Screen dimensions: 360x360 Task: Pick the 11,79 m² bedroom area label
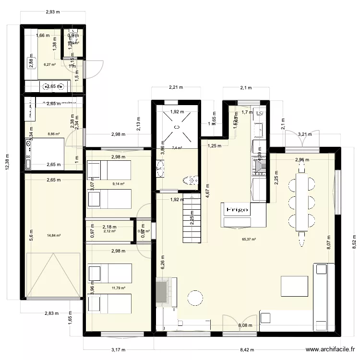118,288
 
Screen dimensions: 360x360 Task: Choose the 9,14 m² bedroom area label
118,183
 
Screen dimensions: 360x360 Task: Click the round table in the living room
195,298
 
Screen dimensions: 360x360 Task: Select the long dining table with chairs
301,202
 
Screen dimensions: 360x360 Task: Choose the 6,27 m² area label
49,64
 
